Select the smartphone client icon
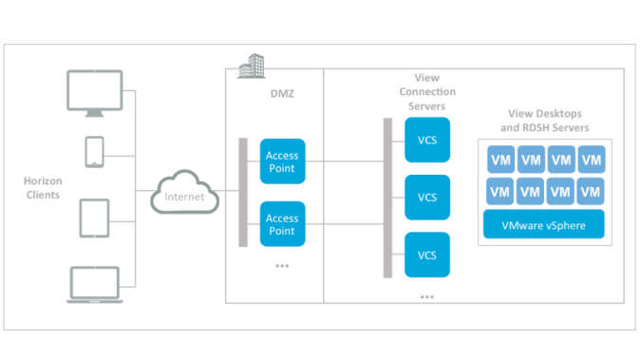pyautogui.click(x=94, y=152)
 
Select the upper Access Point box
pyautogui.click(x=282, y=161)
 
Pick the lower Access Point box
pyautogui.click(x=282, y=224)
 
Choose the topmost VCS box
pyautogui.click(x=427, y=141)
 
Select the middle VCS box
pyautogui.click(x=427, y=198)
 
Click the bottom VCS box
pyautogui.click(x=427, y=255)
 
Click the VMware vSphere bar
pyautogui.click(x=544, y=226)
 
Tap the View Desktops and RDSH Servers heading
pyautogui.click(x=544, y=121)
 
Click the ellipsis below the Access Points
pyautogui.click(x=282, y=266)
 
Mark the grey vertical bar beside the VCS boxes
pyautogui.click(x=387, y=198)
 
